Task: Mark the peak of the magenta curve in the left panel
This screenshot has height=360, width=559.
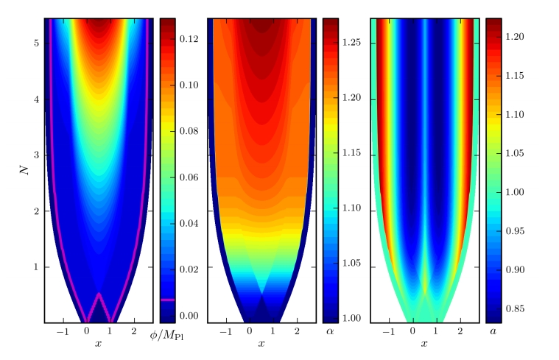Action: coord(99,294)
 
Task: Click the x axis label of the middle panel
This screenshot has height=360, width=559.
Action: coord(262,343)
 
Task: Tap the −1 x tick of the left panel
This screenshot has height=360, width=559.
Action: coord(63,331)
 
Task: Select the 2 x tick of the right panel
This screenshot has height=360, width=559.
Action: coord(460,331)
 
